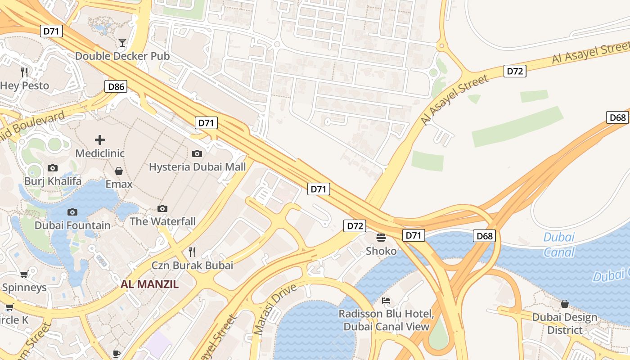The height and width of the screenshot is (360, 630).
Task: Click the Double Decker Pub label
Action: pyautogui.click(x=122, y=56)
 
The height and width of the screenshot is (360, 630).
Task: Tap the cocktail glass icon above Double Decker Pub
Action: pyautogui.click(x=122, y=43)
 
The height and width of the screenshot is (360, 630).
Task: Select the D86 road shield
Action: pyautogui.click(x=116, y=86)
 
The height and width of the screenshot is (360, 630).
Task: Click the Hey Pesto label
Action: pyautogui.click(x=24, y=85)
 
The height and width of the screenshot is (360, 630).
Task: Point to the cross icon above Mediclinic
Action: pyautogui.click(x=100, y=140)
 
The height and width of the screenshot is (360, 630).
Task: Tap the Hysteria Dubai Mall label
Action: pyautogui.click(x=197, y=167)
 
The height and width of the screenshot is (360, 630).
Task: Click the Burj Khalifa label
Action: pyautogui.click(x=53, y=181)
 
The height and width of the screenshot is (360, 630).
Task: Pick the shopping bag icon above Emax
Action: pyautogui.click(x=119, y=171)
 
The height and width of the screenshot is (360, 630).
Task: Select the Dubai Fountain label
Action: pyautogui.click(x=72, y=225)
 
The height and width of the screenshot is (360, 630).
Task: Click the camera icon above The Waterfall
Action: pyautogui.click(x=162, y=208)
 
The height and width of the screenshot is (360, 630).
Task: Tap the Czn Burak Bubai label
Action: pyautogui.click(x=192, y=265)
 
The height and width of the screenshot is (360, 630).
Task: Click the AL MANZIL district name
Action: pyautogui.click(x=149, y=284)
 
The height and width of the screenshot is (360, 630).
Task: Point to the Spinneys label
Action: pyautogui.click(x=24, y=287)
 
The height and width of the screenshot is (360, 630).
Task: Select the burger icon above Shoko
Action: pyautogui.click(x=381, y=237)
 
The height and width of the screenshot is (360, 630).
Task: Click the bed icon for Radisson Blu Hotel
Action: pyautogui.click(x=386, y=301)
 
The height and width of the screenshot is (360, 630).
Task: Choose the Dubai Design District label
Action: pyautogui.click(x=565, y=324)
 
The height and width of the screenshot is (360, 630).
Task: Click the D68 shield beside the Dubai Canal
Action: pyautogui.click(x=484, y=236)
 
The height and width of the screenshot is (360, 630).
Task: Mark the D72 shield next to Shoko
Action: pyautogui.click(x=355, y=226)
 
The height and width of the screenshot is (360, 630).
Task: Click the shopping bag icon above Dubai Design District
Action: pyautogui.click(x=564, y=304)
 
